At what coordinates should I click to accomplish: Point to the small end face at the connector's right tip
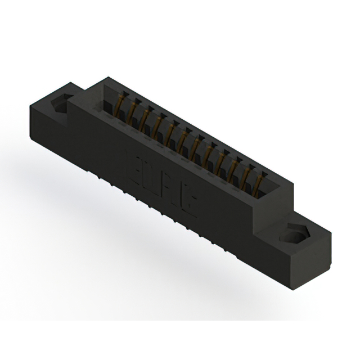323,247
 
